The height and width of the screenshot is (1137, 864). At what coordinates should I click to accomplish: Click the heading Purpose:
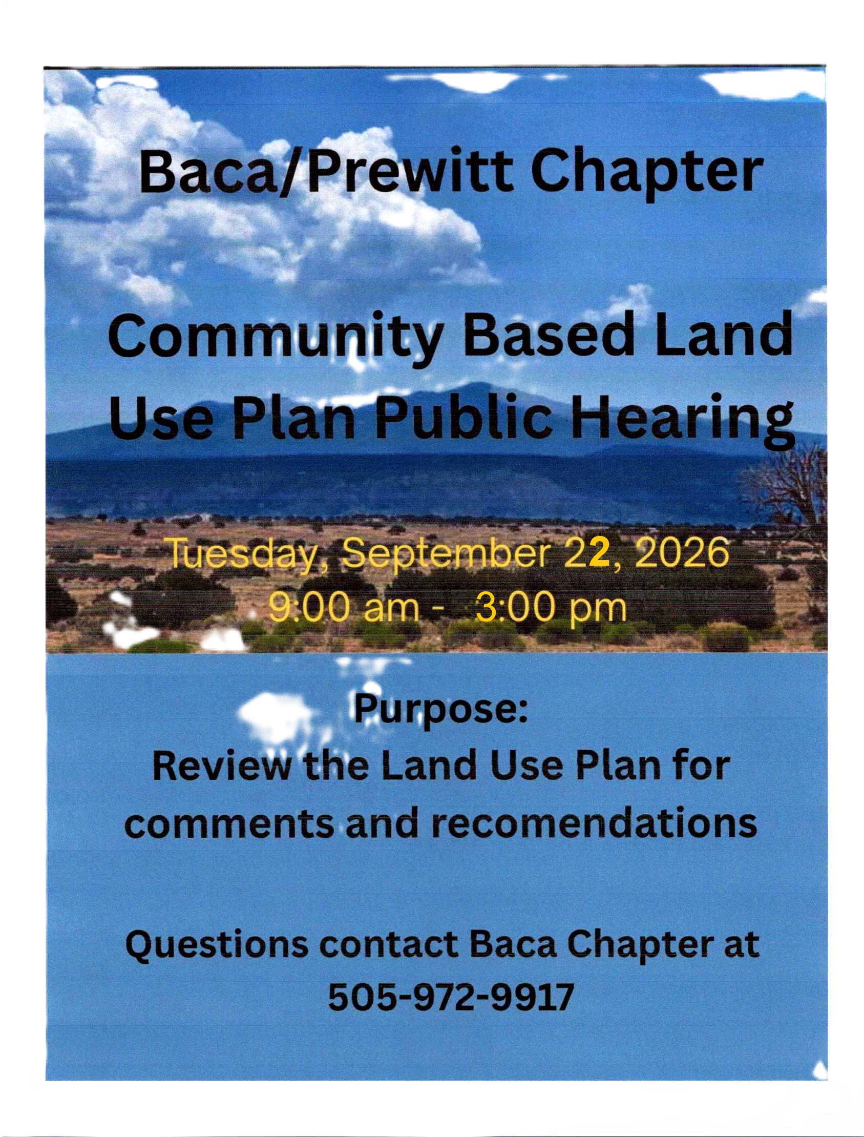click(441, 712)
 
